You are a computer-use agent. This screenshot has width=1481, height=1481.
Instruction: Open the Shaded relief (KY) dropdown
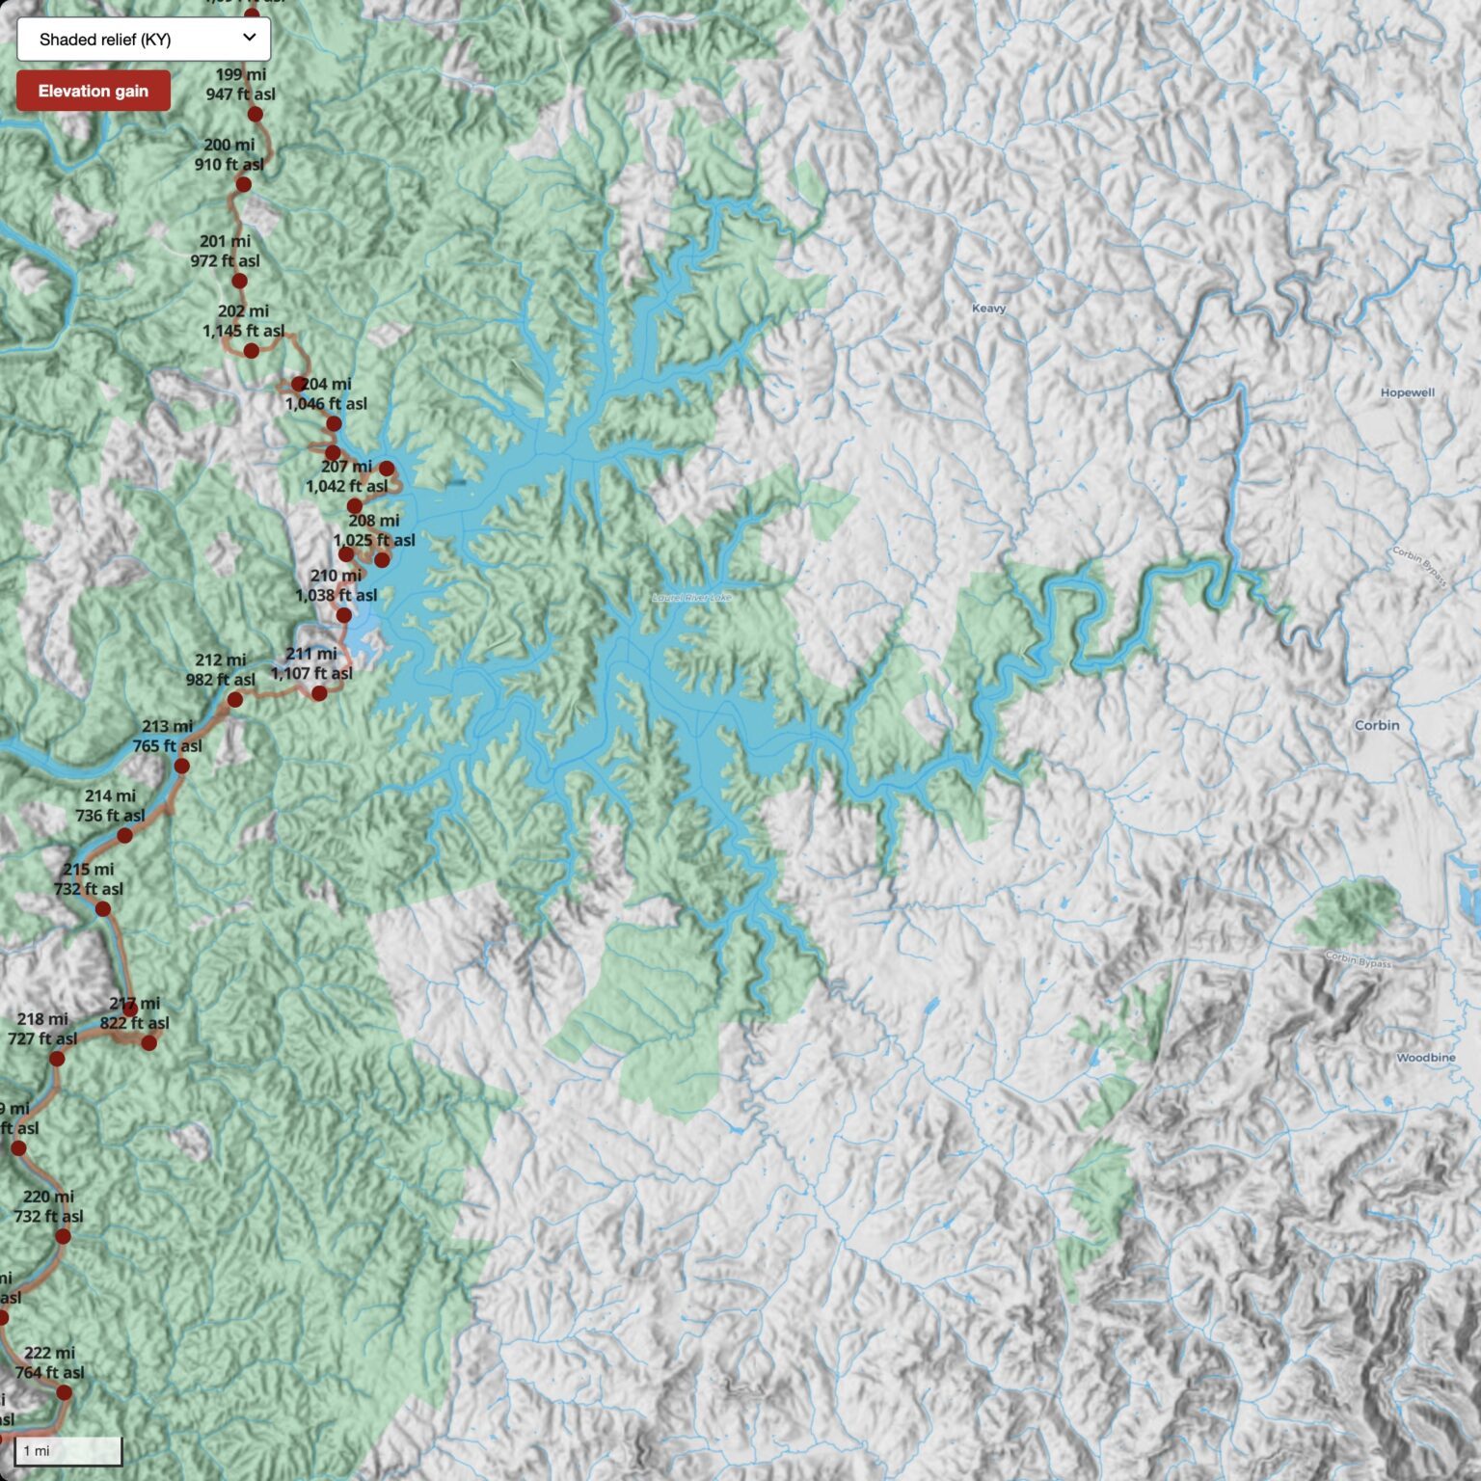tap(143, 40)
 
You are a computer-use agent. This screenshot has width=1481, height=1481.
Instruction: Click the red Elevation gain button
tap(93, 92)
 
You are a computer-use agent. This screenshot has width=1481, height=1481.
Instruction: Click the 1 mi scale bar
tap(67, 1450)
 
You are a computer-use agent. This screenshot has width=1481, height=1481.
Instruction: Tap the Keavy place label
tap(988, 309)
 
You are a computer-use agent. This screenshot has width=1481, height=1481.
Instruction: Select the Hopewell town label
tap(1407, 392)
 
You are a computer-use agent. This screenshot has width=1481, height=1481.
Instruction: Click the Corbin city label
tap(1376, 725)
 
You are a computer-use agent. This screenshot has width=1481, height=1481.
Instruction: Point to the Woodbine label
tap(1425, 1058)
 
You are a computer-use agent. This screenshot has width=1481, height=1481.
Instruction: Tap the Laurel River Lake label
tap(691, 598)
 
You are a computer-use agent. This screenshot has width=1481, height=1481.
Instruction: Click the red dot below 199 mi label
tap(255, 115)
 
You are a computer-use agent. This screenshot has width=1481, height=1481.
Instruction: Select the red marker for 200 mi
tap(243, 184)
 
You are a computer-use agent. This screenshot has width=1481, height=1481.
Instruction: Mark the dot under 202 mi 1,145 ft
tap(251, 351)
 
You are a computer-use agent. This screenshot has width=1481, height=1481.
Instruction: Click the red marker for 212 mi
tap(234, 699)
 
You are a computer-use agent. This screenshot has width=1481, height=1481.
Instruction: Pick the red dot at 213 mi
tap(181, 767)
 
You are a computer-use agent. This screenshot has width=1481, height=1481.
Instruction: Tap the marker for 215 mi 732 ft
tap(103, 909)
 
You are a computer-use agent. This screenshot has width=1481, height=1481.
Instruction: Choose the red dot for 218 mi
tap(57, 1059)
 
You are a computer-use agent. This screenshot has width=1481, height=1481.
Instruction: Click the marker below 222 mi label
tap(64, 1392)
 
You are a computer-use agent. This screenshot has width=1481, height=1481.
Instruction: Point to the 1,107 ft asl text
tap(311, 674)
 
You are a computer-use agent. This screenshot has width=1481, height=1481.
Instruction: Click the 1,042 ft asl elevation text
tap(346, 487)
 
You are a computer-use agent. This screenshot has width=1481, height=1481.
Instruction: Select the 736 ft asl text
tap(110, 816)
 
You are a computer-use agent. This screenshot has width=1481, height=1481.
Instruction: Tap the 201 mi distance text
tap(225, 241)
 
